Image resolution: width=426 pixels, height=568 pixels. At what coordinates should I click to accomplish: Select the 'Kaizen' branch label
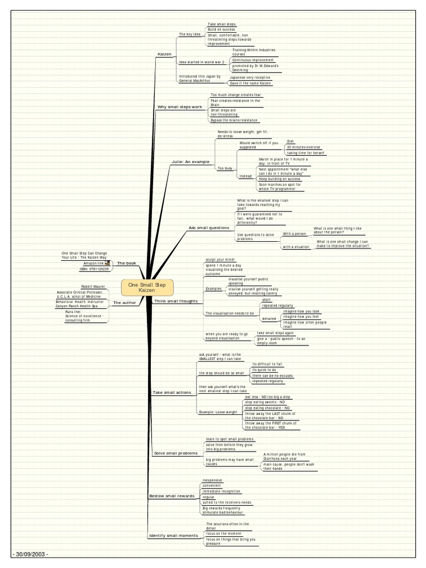164,54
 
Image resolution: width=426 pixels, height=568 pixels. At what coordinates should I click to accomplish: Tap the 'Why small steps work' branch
180,106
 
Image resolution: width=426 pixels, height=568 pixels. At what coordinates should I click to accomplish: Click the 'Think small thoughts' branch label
171,301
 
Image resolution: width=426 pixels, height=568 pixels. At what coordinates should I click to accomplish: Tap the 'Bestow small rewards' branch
172,495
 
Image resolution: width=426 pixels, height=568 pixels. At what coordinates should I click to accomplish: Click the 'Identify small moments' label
173,535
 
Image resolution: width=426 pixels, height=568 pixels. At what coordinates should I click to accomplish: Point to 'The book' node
126,263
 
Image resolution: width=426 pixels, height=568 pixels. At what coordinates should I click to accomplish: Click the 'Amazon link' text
93,263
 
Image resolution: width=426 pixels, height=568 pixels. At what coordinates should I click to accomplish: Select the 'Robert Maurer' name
93,286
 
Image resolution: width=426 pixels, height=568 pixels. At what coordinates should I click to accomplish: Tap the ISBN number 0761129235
94,269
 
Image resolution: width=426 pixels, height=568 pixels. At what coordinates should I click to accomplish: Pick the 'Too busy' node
225,168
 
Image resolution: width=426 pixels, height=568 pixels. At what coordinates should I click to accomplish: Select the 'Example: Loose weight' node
217,412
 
